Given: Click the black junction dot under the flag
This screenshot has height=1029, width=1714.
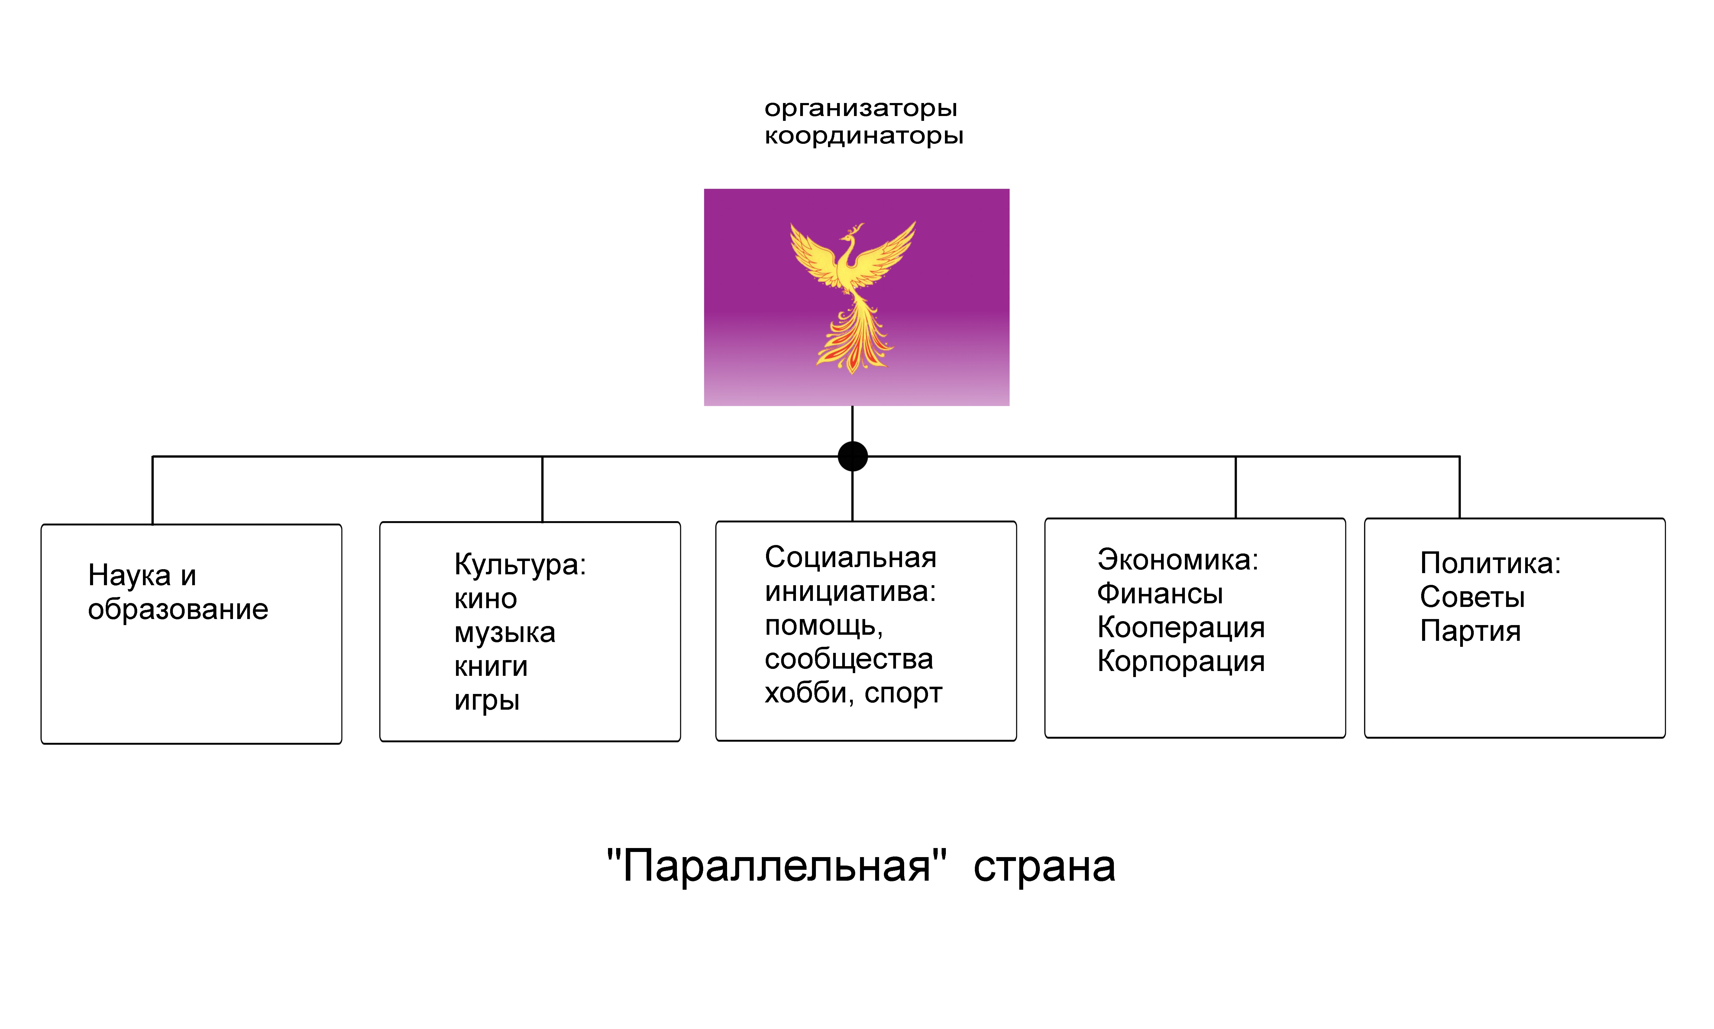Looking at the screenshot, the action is pyautogui.click(x=853, y=456).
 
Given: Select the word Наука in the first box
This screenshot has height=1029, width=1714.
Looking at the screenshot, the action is pyautogui.click(x=129, y=576).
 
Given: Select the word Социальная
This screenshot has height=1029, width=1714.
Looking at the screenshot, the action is pyautogui.click(x=851, y=557).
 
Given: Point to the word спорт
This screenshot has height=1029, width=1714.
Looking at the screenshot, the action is pyautogui.click(x=904, y=693).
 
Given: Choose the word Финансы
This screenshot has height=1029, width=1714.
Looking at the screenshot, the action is pyautogui.click(x=1160, y=594).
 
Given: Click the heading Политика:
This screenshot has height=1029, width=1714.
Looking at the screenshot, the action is pyautogui.click(x=1490, y=563).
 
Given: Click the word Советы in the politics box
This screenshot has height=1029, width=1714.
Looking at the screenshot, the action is pyautogui.click(x=1472, y=597).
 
